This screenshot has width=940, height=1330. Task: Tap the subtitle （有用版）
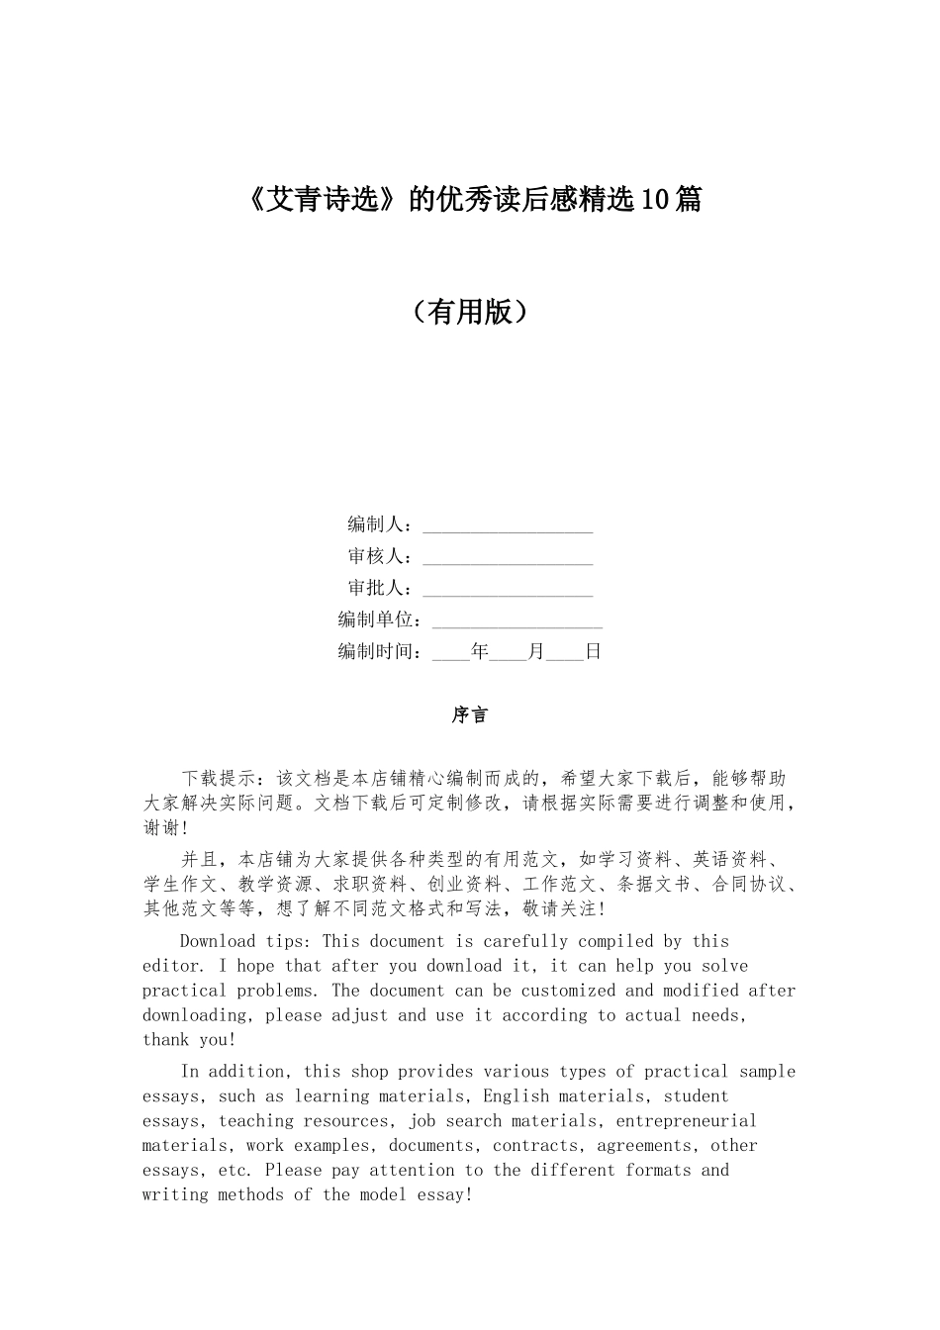pyautogui.click(x=470, y=312)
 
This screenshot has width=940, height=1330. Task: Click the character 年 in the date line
pyautogui.click(x=480, y=651)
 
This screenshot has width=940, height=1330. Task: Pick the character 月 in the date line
pyautogui.click(x=536, y=651)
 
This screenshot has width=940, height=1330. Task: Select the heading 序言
pyautogui.click(x=470, y=714)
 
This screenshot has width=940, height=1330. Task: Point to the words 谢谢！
pyautogui.click(x=165, y=827)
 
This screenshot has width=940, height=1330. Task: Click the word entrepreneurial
pyautogui.click(x=686, y=1121)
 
